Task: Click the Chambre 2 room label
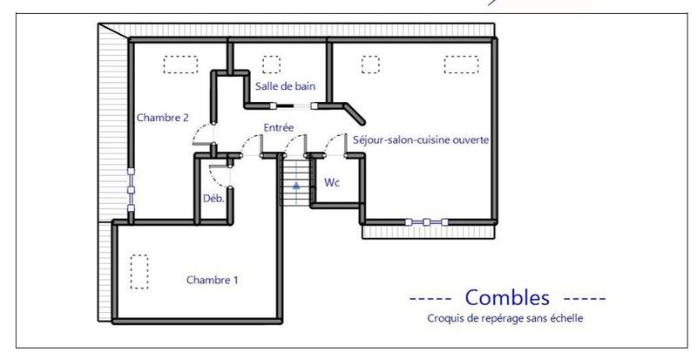163,118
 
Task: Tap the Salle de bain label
285,85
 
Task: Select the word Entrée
279,128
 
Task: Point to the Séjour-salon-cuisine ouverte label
421,139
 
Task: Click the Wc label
331,184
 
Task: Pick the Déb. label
213,198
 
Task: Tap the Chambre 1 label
213,280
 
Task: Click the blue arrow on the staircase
296,185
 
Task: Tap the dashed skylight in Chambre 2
181,65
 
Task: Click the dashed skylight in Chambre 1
139,271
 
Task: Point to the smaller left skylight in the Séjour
371,65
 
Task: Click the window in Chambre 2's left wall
131,189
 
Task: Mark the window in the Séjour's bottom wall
423,221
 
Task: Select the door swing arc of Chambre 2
203,136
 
